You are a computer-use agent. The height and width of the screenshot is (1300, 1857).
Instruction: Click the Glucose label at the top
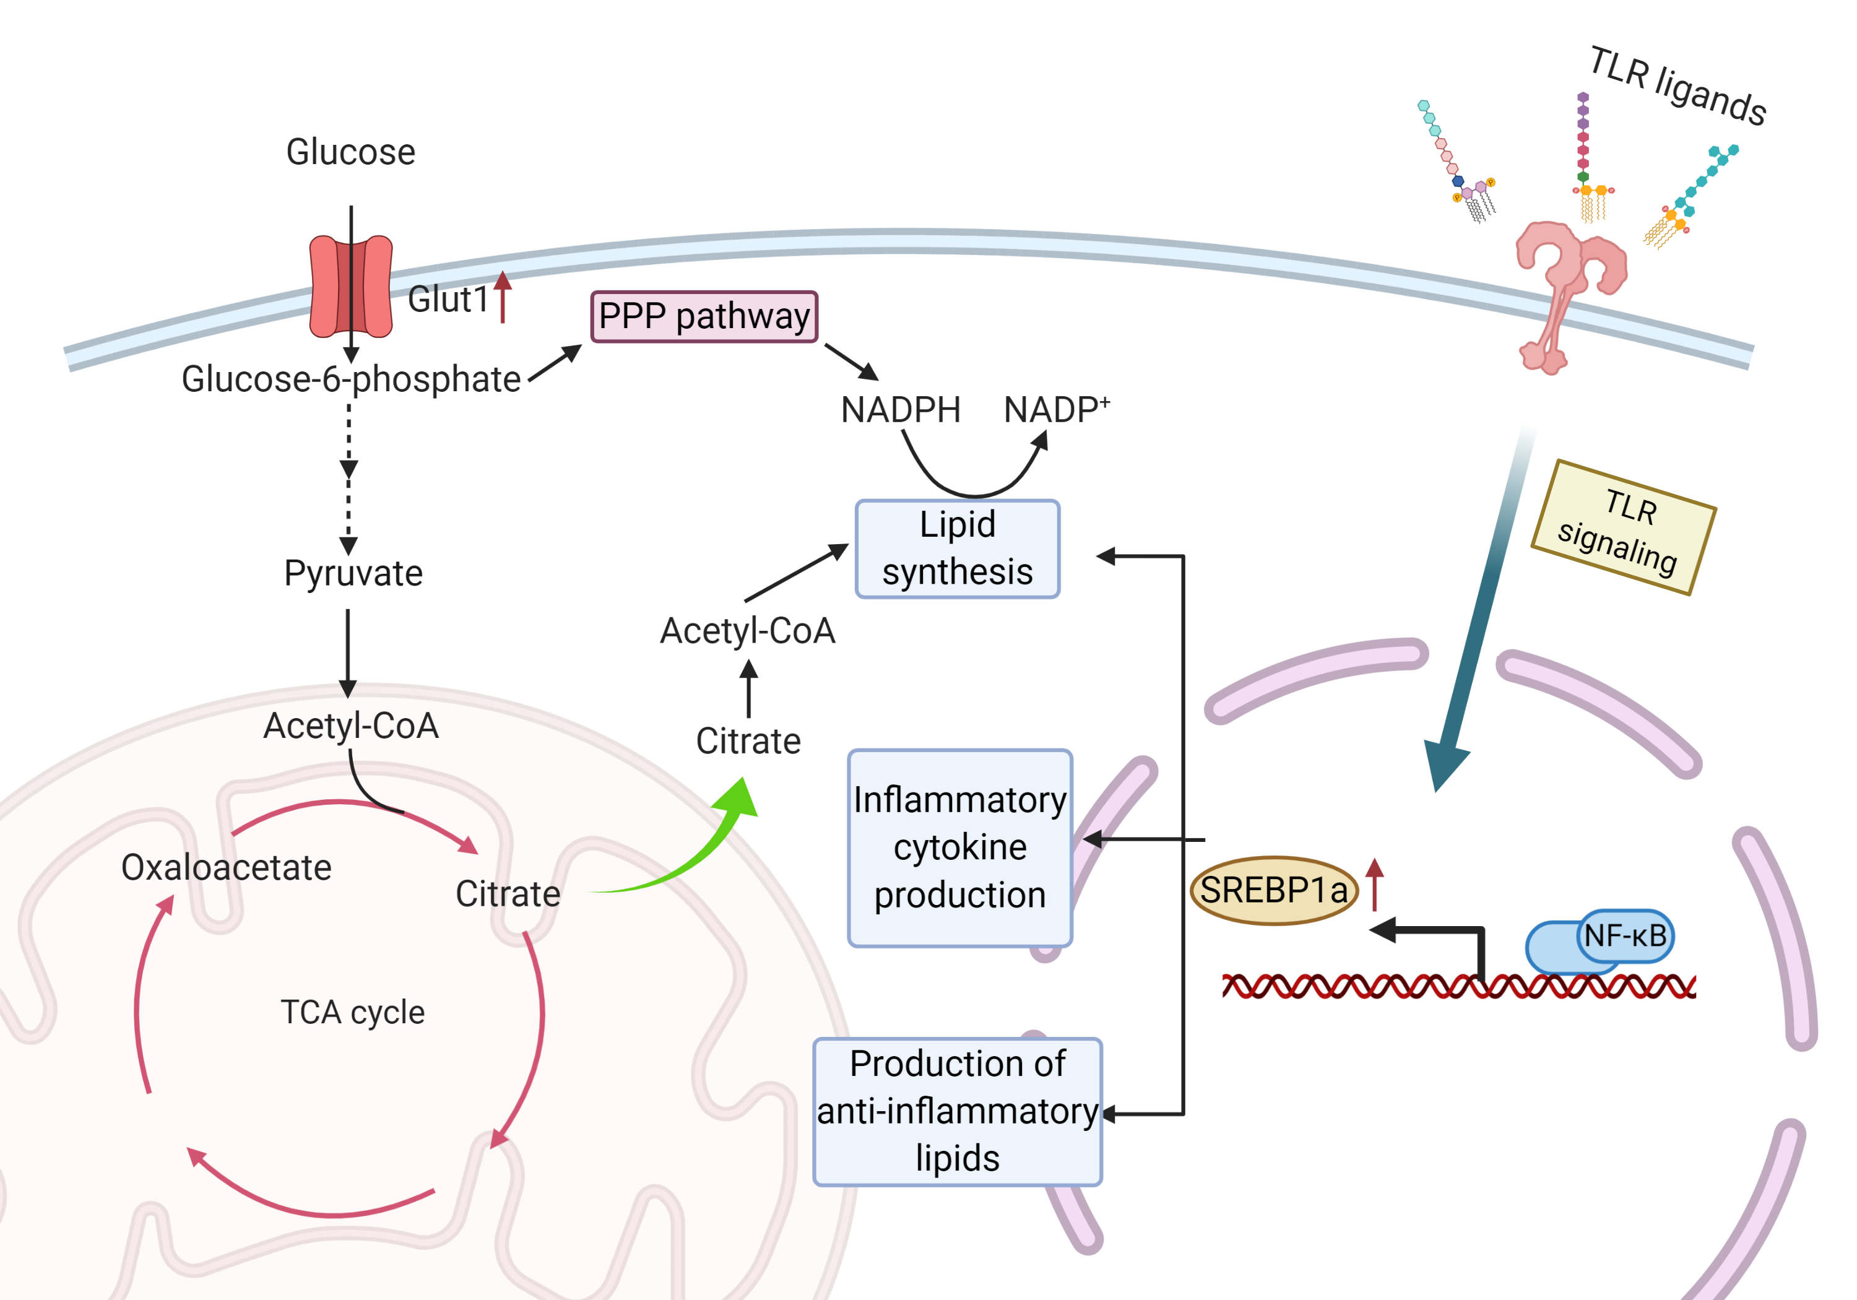350,152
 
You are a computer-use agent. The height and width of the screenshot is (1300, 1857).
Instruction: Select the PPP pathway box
704,316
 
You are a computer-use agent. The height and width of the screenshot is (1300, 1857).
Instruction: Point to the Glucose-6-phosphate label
350,379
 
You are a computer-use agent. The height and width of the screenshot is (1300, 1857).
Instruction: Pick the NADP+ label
1055,409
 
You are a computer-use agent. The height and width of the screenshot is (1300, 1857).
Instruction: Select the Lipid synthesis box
957,548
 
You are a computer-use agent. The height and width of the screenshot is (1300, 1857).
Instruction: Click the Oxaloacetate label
226,867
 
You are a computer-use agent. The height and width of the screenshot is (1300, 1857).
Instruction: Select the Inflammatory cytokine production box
959,847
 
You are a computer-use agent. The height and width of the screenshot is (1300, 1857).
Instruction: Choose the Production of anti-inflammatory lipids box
957,1111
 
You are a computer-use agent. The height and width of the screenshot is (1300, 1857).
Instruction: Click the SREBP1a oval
1273,890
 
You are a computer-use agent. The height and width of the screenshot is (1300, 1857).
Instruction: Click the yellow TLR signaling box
1622,527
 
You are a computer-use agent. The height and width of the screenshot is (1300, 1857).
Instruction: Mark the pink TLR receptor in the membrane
1565,291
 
